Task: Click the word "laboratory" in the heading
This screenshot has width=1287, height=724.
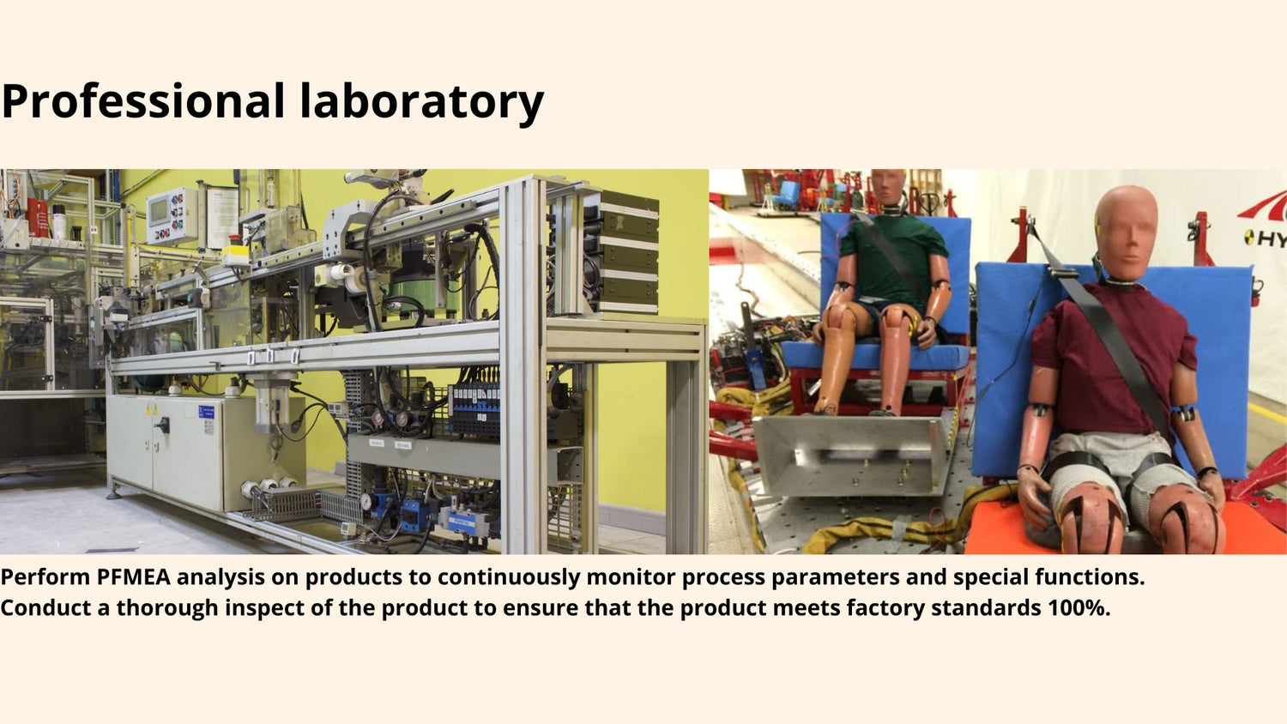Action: coord(422,102)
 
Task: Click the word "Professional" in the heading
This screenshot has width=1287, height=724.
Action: coord(143,102)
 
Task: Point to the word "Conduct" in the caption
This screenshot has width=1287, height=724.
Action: coord(46,607)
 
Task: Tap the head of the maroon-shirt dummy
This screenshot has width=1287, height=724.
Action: coord(1126,234)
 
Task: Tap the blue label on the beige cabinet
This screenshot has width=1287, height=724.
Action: coord(206,412)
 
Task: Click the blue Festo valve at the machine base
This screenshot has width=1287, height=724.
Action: coord(463,520)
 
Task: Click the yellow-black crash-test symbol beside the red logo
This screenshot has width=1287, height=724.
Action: coord(1249,236)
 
